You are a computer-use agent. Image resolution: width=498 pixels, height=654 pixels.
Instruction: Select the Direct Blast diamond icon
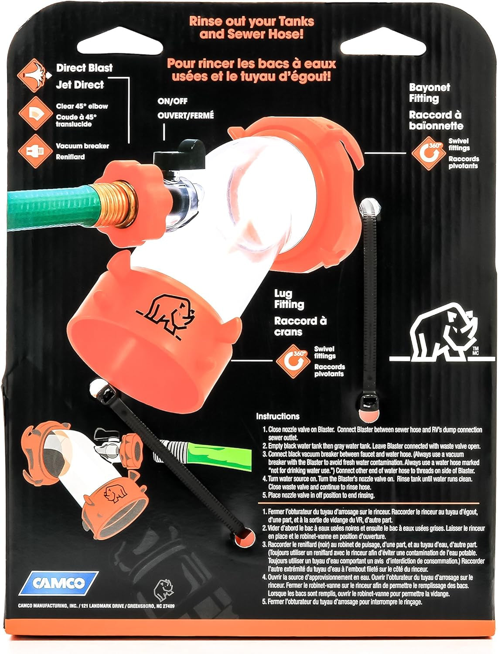32,75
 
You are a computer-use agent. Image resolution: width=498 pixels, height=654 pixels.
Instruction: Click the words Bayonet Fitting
423,93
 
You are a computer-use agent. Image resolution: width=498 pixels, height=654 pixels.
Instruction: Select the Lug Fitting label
289,299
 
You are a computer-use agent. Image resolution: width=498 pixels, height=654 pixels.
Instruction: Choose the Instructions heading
277,416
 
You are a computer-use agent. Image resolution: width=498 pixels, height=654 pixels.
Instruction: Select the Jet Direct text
80,85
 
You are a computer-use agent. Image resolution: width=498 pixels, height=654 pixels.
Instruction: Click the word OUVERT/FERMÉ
186,116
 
